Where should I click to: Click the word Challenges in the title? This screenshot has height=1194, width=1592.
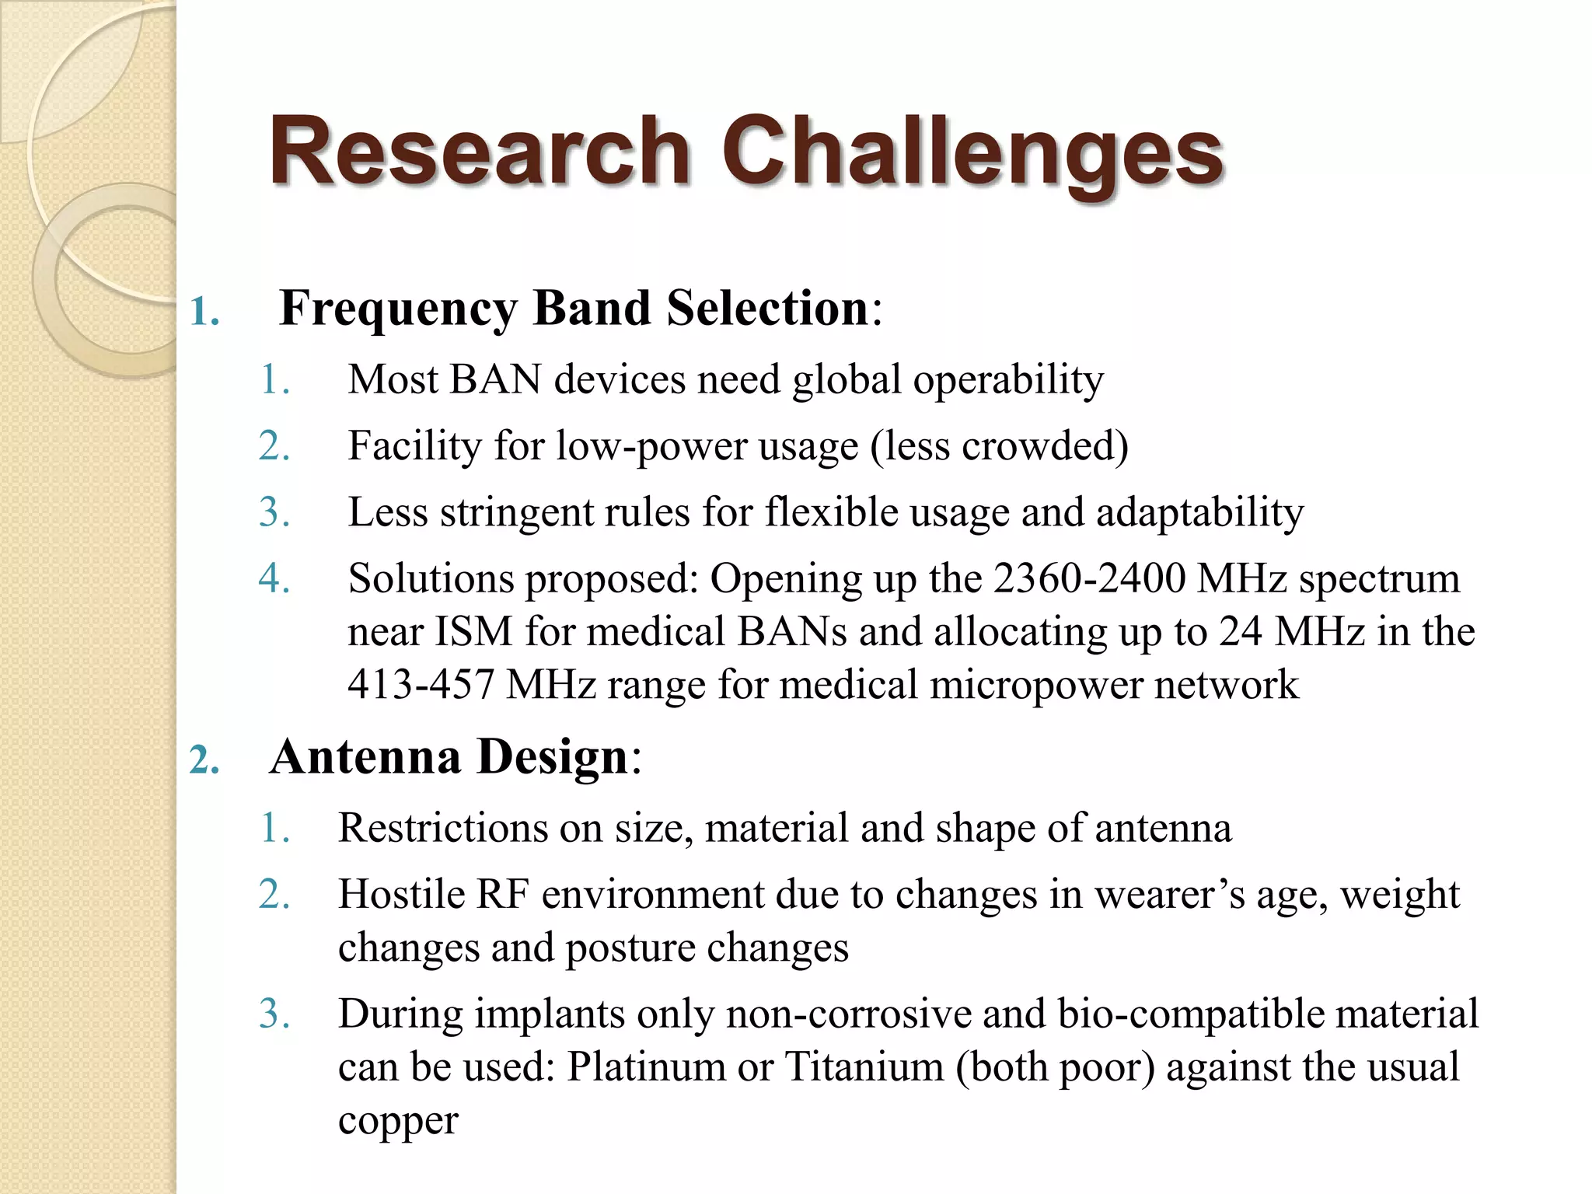[972, 152]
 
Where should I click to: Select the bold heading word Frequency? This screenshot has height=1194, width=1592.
[398, 309]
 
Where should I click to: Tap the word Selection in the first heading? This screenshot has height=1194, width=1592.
[767, 309]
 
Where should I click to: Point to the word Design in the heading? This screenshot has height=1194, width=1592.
[552, 757]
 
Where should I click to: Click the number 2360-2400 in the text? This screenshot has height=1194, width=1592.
[1089, 579]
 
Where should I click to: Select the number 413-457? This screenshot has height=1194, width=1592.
[421, 685]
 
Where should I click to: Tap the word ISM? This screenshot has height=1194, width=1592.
[473, 631]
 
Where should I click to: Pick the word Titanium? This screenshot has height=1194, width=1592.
[864, 1067]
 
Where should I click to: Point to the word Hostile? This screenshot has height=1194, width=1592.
[401, 895]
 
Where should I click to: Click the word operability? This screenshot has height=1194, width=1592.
[1008, 381]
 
